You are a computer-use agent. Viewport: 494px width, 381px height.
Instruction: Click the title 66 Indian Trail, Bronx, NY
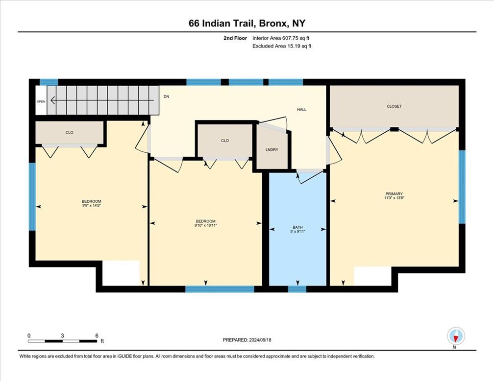point(247,23)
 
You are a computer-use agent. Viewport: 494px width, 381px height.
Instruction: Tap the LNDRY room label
point(272,150)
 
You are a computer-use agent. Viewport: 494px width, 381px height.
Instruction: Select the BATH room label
point(297,227)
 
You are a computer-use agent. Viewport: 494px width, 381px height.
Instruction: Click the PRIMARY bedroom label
point(394,194)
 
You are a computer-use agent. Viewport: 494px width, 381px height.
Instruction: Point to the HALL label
point(301,110)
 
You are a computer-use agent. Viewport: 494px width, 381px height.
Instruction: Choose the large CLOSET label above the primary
point(394,106)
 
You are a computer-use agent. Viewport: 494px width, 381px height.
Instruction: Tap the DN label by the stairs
point(166,97)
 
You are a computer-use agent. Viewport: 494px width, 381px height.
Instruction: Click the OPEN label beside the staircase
point(41,102)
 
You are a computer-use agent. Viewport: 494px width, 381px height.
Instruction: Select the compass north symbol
point(456,336)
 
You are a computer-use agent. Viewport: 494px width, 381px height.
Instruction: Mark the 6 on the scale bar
point(97,335)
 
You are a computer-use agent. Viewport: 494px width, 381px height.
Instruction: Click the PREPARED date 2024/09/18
point(247,339)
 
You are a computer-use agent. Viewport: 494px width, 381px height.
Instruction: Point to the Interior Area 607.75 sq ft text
point(281,38)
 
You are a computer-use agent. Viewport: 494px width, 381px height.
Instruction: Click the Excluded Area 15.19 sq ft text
point(282,46)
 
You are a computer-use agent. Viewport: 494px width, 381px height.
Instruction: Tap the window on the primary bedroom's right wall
point(462,187)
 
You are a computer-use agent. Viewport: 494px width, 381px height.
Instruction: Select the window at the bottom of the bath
point(297,289)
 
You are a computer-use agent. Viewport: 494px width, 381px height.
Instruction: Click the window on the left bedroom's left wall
point(32,196)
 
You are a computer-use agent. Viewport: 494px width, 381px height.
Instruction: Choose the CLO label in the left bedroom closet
point(70,132)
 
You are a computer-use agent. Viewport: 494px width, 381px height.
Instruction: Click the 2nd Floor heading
point(235,38)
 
